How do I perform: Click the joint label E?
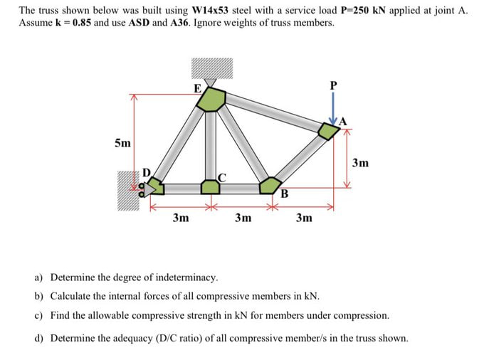point(197,88)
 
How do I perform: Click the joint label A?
point(342,121)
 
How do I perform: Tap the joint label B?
point(283,194)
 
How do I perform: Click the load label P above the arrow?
point(332,85)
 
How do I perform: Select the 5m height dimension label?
point(122,143)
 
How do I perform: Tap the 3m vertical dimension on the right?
point(361,163)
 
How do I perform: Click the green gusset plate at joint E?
point(211,100)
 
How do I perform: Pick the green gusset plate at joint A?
point(328,131)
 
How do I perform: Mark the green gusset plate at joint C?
point(210,187)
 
